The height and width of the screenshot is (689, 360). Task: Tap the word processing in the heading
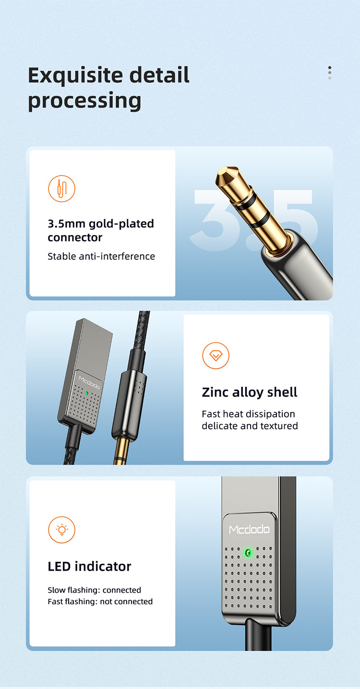[x=84, y=101]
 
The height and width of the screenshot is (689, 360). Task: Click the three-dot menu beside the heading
[x=330, y=72]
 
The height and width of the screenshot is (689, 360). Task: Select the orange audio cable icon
[x=61, y=189]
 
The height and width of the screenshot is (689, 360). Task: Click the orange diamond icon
[x=216, y=356]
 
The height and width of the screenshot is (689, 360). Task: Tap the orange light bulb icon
[x=61, y=530]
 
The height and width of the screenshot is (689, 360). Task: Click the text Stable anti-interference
[x=101, y=256]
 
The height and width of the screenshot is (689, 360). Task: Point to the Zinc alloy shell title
[x=250, y=392]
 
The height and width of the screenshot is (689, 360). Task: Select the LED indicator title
[x=89, y=566]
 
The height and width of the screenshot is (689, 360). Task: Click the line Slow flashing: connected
[x=94, y=590]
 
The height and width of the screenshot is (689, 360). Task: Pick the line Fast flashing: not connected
[x=100, y=601]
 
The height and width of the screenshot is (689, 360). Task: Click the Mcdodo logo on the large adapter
[x=249, y=529]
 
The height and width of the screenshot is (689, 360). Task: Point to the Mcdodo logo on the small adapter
[x=89, y=382]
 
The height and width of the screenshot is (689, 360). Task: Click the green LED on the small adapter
[x=87, y=393]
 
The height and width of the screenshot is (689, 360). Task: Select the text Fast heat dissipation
[x=248, y=414]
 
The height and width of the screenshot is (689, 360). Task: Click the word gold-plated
[x=121, y=224]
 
